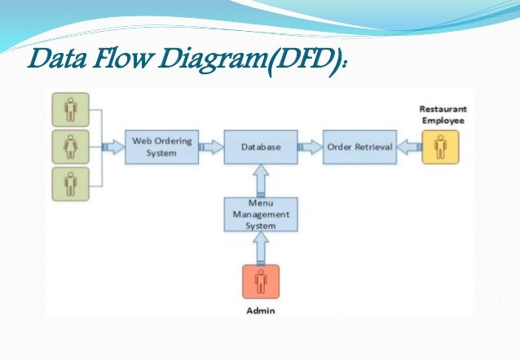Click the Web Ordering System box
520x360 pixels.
(162, 147)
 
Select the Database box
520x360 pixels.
(261, 147)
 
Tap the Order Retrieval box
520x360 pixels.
(359, 147)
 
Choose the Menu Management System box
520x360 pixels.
(261, 213)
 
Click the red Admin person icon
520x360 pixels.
(261, 282)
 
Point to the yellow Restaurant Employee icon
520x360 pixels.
(440, 147)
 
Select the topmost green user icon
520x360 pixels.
(70, 110)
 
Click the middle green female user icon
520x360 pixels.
(70, 147)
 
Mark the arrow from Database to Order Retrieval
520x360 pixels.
(310, 147)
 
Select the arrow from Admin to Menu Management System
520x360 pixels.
(261, 247)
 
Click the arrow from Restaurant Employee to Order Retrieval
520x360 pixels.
(408, 147)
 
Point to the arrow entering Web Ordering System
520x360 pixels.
(112, 147)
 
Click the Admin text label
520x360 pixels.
(261, 310)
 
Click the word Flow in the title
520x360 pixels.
(112, 61)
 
